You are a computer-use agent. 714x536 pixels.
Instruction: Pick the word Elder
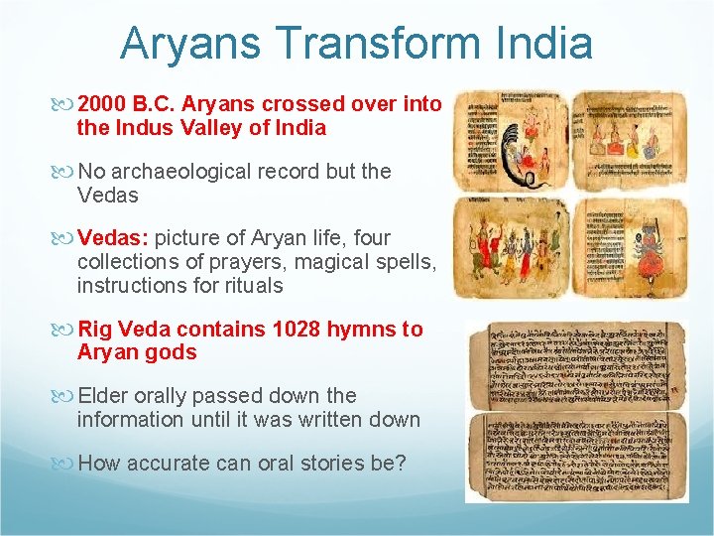[x=105, y=395]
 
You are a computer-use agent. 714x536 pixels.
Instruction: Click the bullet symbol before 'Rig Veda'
[x=66, y=330]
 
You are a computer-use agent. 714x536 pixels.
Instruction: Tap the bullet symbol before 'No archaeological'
[x=66, y=172]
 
